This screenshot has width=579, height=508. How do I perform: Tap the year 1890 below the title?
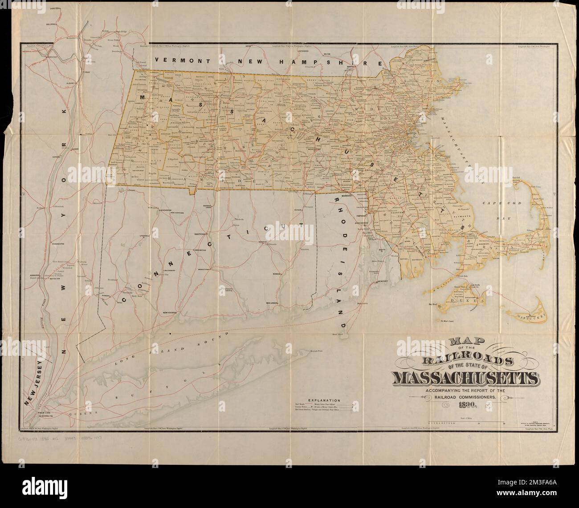pos(465,405)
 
